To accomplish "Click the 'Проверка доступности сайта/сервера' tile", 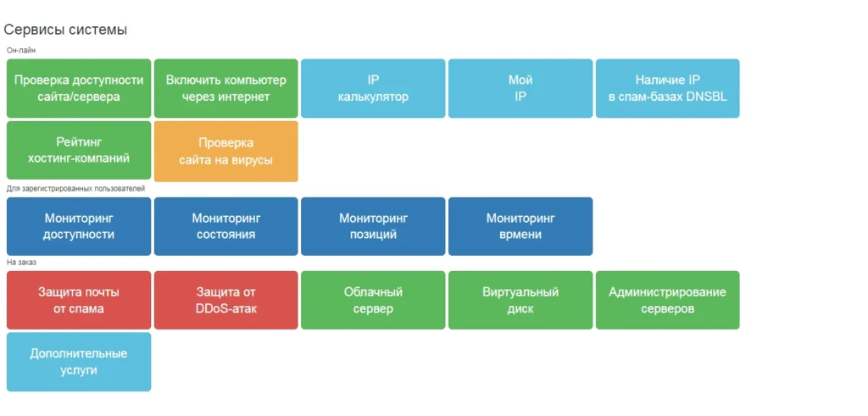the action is coord(79,88).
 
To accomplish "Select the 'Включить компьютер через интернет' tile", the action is coord(225,88).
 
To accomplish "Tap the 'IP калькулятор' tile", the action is coord(373,88).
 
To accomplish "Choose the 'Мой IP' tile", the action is coord(520,88).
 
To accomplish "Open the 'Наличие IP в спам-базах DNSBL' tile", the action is coord(668,88).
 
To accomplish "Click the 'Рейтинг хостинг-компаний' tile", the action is coord(79,151).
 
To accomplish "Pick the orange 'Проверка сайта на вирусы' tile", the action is coord(225,152).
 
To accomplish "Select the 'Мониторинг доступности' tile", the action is coord(79,226).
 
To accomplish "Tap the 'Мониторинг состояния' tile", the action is coord(225,226).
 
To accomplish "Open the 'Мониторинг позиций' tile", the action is coord(373,226).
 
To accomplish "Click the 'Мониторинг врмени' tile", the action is coord(520,226).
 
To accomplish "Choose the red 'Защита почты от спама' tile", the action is coord(79,301).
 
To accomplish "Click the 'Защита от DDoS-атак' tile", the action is coord(225,301).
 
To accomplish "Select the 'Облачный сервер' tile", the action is coord(373,301).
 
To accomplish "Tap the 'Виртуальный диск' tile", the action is coord(520,301).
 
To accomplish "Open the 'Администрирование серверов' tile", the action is coord(668,301).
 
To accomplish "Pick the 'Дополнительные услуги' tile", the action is coord(79,362).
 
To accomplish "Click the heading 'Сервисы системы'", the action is coord(65,30).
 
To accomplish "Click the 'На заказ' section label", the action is coord(21,263).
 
